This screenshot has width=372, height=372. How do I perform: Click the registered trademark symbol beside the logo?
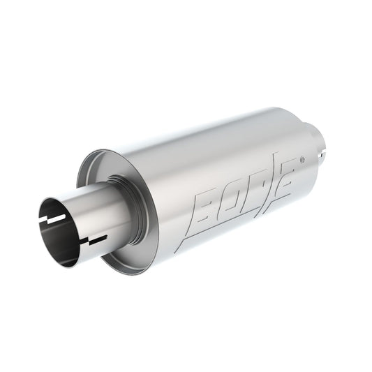click(x=302, y=159)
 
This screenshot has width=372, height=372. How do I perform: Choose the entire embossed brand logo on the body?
click(x=237, y=195)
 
